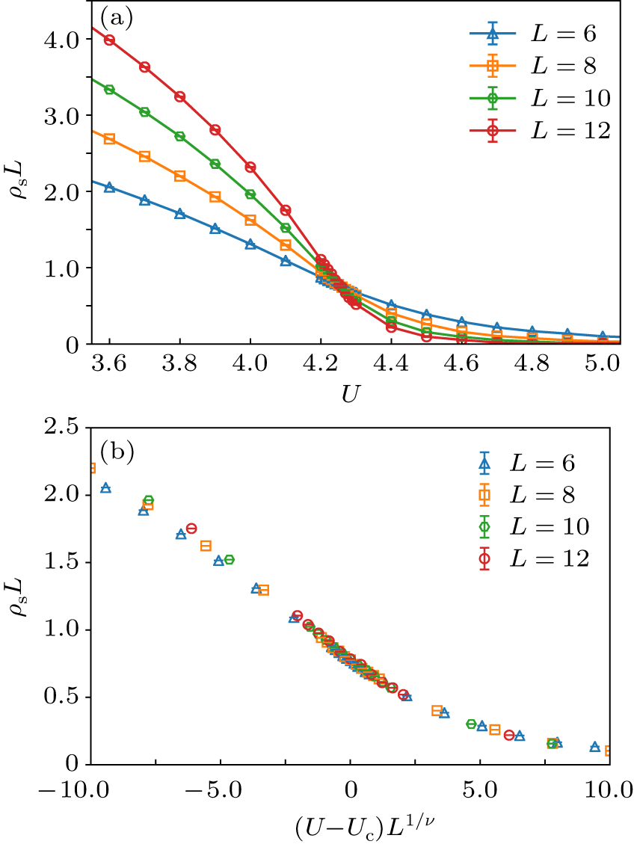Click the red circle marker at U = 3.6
click(109, 40)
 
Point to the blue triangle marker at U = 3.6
click(109, 188)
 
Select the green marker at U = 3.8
click(179, 136)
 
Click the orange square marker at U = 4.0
click(250, 220)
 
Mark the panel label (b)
click(117, 451)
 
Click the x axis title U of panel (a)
click(349, 394)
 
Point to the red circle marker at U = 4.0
click(250, 167)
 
